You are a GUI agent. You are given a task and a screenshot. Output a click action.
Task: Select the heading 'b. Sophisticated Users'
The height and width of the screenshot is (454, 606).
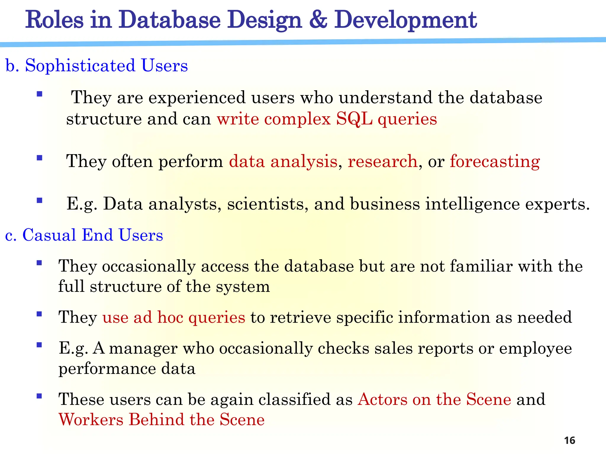96,65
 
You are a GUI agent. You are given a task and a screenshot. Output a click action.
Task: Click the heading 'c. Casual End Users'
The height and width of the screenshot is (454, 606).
84,235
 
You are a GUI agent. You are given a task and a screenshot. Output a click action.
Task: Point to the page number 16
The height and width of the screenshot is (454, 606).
569,440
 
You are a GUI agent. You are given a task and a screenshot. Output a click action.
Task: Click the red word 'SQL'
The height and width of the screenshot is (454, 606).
354,119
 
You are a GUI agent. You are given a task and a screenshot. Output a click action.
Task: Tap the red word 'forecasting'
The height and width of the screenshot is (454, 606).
495,162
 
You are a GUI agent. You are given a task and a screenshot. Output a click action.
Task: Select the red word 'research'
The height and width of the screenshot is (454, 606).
382,162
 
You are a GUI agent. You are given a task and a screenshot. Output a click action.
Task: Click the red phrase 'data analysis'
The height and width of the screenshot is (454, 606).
283,162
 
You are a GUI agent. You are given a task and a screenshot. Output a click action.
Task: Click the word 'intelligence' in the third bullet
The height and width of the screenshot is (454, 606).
472,204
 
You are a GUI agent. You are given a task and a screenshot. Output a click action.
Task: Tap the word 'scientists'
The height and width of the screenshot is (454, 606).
266,204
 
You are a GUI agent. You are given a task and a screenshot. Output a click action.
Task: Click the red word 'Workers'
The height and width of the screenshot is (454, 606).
91,420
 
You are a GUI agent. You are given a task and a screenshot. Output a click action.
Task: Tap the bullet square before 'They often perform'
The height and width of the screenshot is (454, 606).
39,158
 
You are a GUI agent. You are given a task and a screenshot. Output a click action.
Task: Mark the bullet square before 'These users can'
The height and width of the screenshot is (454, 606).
39,396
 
